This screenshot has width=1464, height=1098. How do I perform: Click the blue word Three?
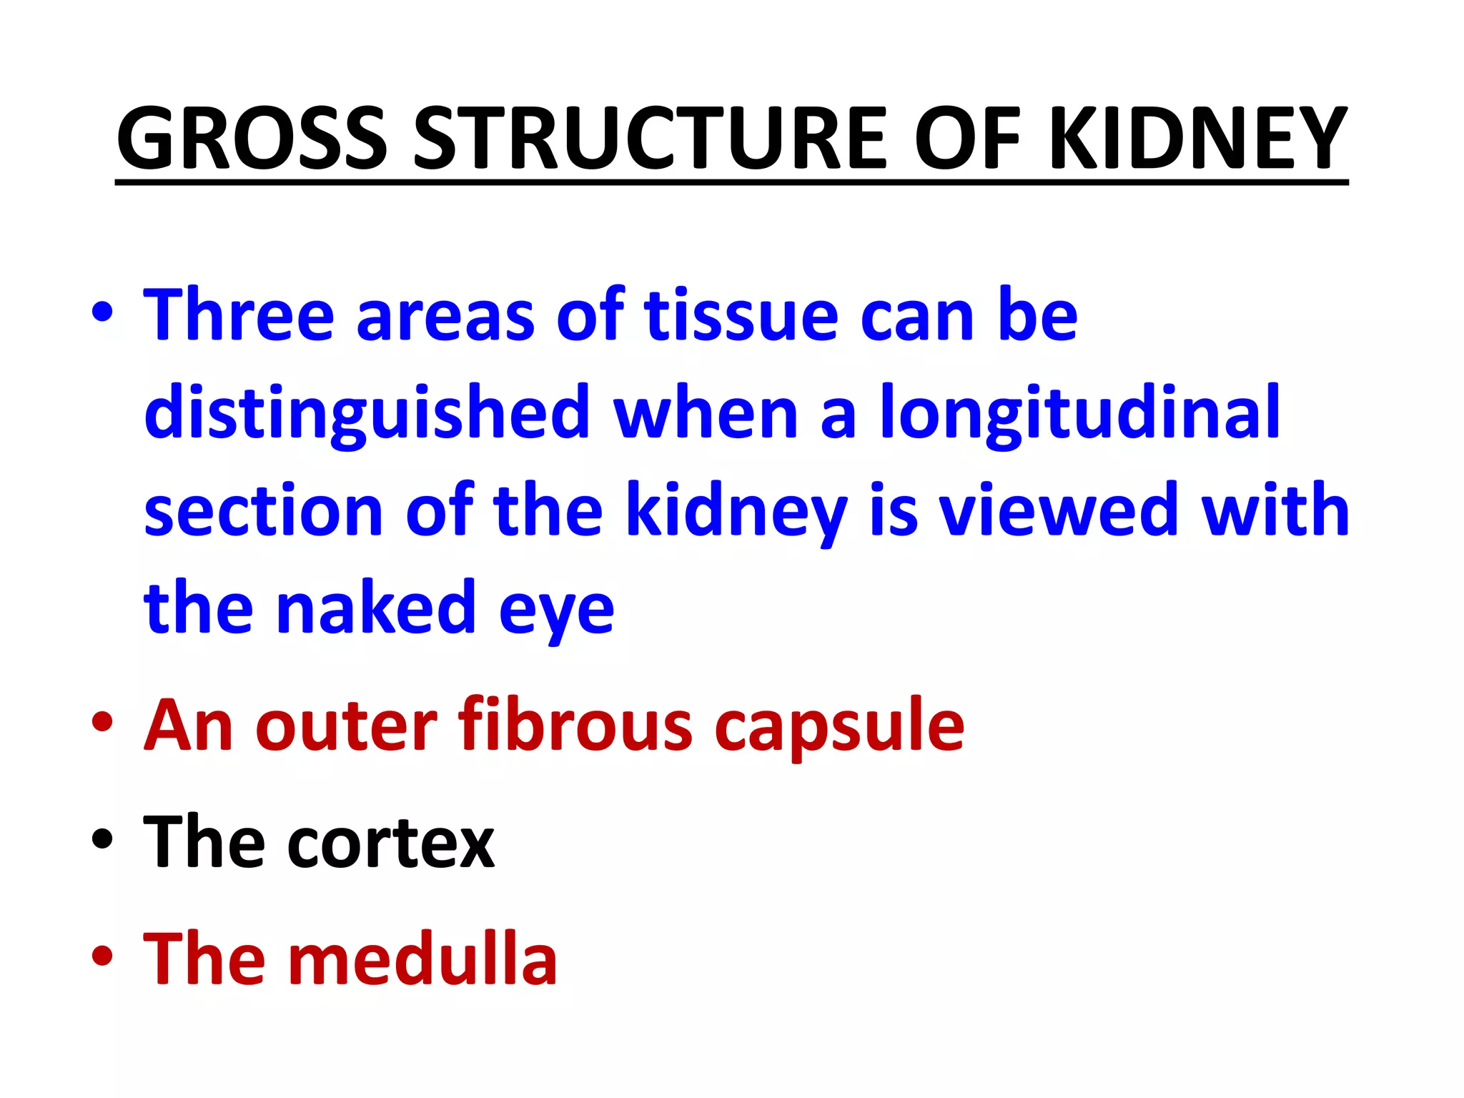[239, 315]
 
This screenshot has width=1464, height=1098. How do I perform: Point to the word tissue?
[741, 315]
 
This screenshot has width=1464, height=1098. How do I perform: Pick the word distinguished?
[367, 413]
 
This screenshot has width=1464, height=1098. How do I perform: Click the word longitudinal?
[1079, 413]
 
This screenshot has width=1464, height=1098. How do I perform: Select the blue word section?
[263, 510]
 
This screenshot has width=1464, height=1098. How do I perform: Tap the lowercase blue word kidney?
[736, 512]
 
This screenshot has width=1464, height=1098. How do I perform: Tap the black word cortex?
[391, 844]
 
